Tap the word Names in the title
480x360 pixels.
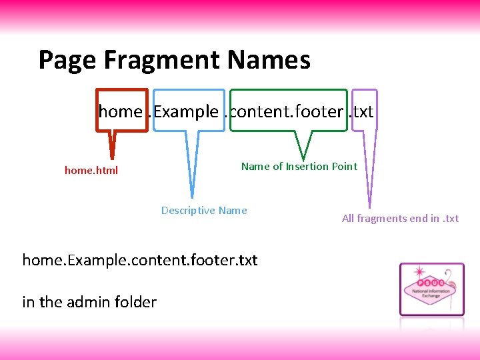click(x=269, y=60)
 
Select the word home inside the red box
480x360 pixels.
click(x=121, y=111)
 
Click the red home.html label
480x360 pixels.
click(x=91, y=170)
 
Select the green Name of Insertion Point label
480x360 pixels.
click(x=299, y=167)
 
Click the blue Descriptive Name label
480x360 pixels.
click(x=204, y=211)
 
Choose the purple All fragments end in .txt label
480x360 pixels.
click(x=400, y=219)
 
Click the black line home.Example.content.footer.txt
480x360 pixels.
click(x=139, y=259)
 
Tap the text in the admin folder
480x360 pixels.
click(x=89, y=302)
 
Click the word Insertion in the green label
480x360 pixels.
click(x=307, y=167)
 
